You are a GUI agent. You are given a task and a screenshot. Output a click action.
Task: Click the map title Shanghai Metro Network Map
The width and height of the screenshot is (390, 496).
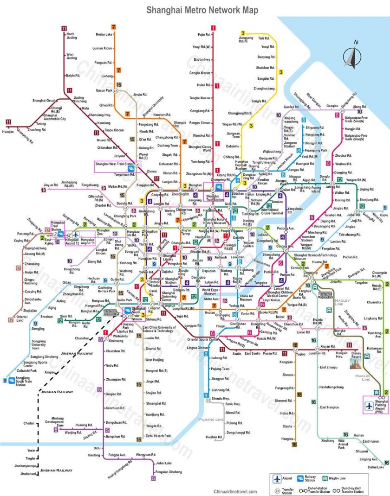(x=202, y=10)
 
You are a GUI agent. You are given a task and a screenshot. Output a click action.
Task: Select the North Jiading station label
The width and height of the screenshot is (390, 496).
(x=71, y=36)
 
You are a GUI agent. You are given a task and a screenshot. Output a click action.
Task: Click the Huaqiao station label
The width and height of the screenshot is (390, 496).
(x=8, y=132)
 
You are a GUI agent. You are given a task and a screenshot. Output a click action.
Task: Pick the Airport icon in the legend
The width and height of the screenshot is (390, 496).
(x=278, y=479)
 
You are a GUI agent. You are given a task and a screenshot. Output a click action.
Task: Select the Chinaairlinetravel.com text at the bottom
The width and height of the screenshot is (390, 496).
(x=235, y=491)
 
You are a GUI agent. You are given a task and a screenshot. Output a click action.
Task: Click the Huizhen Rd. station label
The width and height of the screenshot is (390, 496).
(x=214, y=437)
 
